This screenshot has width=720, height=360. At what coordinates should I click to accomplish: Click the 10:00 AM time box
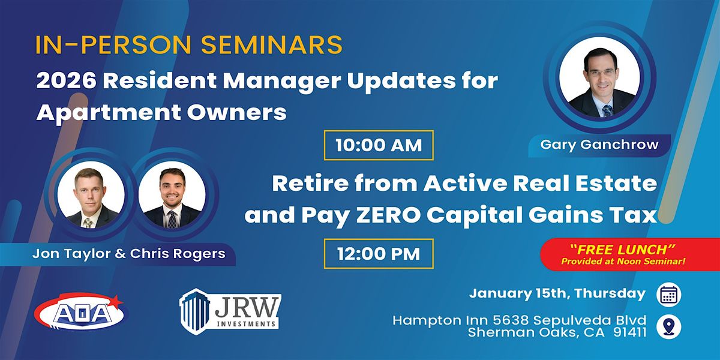pos(379,145)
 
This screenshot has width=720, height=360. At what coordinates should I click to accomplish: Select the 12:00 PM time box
pos(379,254)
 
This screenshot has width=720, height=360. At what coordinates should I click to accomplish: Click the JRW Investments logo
pos(230,311)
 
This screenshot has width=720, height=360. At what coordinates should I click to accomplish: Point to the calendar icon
pos(668,295)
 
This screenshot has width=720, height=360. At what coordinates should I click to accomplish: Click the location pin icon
pos(668,326)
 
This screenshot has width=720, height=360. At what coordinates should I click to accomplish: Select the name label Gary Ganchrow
pos(599,145)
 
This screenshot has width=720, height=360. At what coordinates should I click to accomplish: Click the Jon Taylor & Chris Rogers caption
pos(129,254)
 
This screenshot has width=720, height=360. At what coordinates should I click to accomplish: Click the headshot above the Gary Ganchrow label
pos(599,77)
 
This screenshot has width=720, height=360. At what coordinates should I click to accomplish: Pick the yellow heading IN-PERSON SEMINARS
pos(189,44)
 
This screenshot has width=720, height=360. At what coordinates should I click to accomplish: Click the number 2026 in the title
pos(66,81)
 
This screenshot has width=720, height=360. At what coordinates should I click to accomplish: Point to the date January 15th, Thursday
pos(557,293)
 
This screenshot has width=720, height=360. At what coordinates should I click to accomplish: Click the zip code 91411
pos(629,332)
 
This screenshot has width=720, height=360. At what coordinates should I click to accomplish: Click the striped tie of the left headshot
pos(88,223)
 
